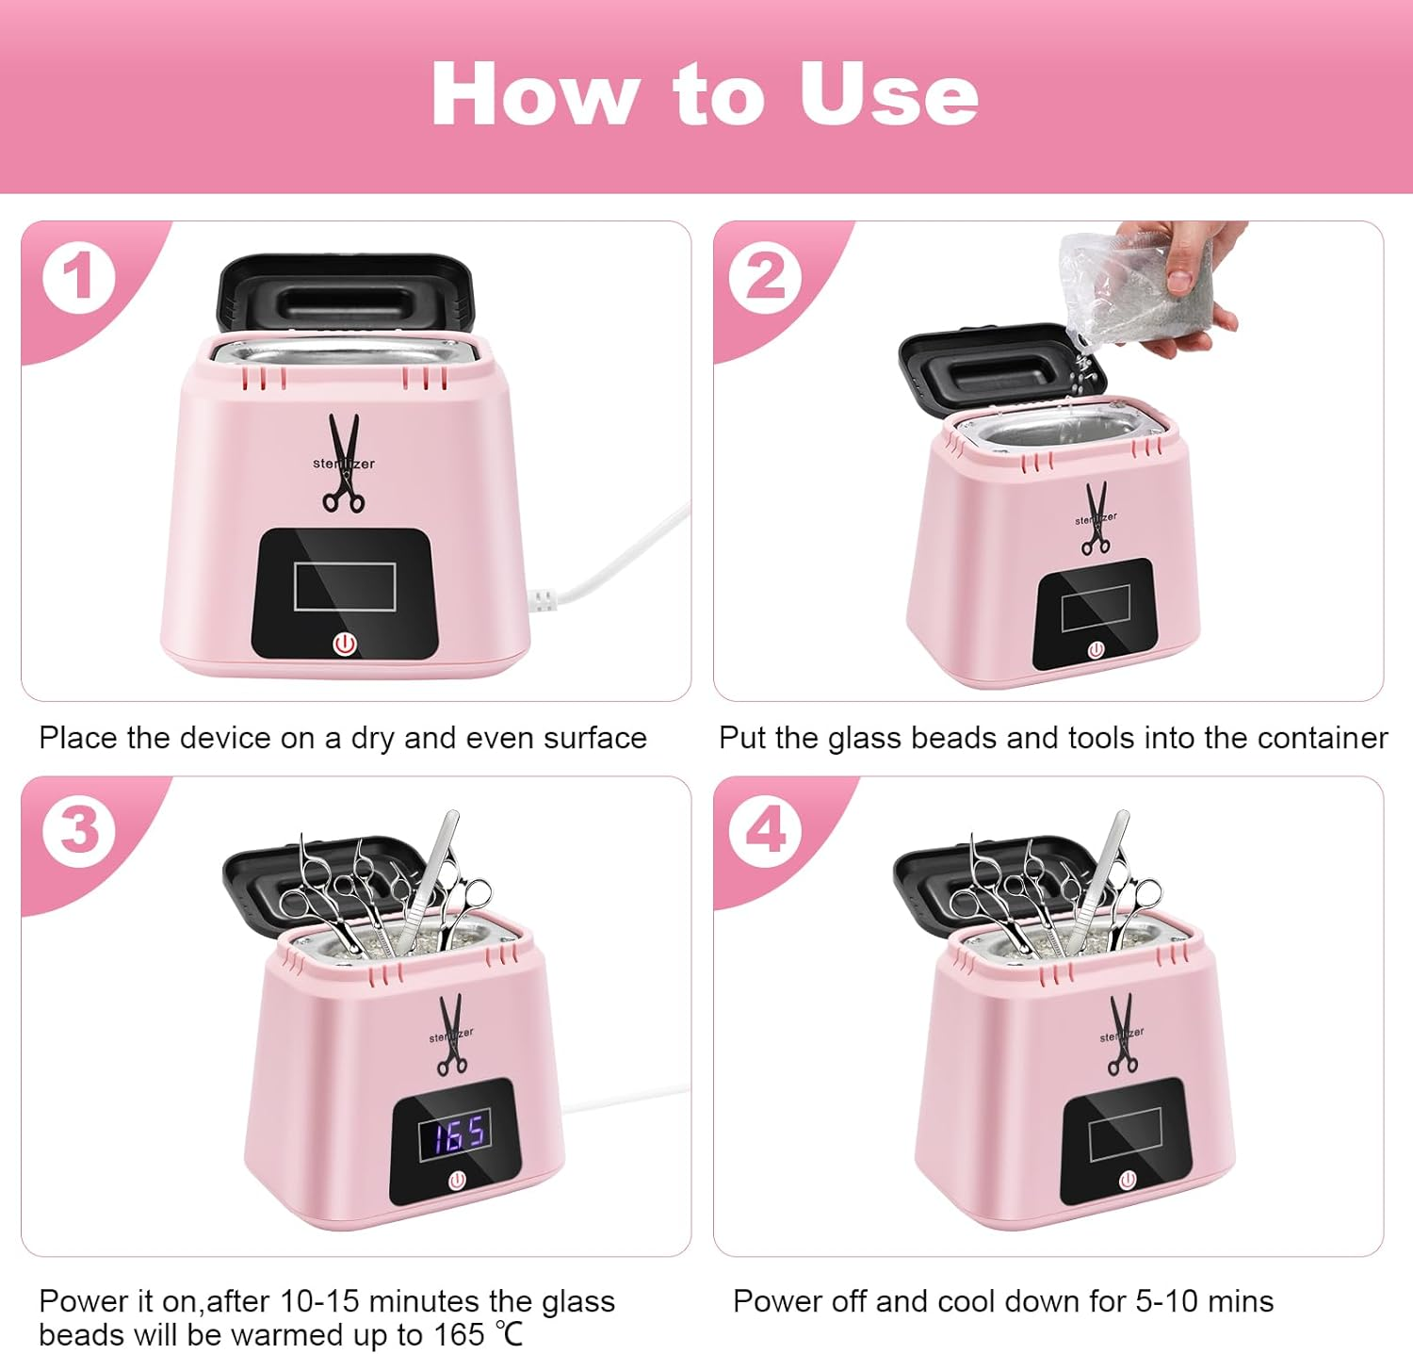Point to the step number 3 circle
tap(79, 830)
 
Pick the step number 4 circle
tap(766, 830)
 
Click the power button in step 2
tap(1096, 650)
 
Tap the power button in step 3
tap(457, 1180)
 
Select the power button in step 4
tap(1128, 1180)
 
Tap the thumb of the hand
tap(1178, 274)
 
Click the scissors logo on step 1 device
tap(344, 464)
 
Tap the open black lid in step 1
tap(344, 292)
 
